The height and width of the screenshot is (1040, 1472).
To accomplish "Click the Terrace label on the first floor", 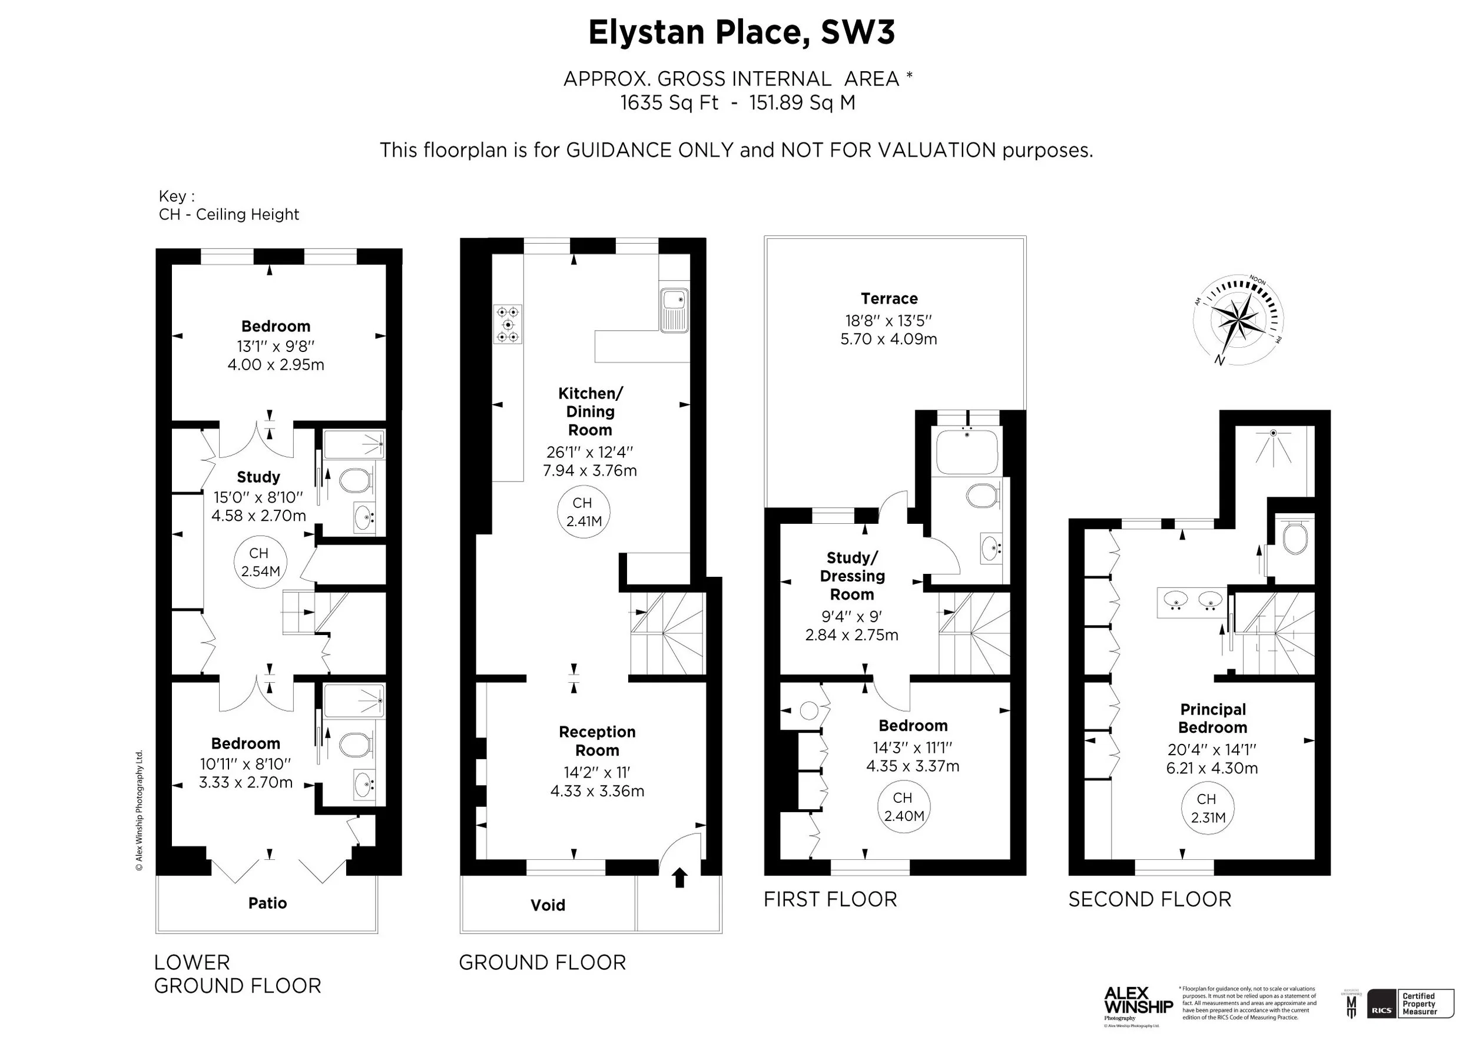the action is [888, 298].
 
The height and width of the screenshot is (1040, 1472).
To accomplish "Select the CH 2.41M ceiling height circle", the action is [583, 512].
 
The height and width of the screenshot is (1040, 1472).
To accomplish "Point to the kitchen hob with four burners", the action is [508, 324].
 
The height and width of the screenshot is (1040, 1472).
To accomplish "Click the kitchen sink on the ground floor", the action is [674, 311].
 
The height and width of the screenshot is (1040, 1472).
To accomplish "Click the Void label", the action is [548, 905].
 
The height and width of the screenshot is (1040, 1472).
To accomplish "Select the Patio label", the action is [267, 903].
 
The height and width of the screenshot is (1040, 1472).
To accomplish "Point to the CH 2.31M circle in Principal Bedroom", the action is [1208, 808].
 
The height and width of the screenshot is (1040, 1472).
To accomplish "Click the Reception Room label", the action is [597, 741].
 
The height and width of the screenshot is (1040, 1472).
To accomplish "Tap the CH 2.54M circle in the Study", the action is [260, 562].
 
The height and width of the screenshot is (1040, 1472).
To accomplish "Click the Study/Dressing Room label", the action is [852, 576].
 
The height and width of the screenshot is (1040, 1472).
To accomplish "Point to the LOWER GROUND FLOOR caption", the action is [237, 973].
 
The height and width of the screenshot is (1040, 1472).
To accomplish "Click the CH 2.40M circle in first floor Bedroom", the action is [903, 807].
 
